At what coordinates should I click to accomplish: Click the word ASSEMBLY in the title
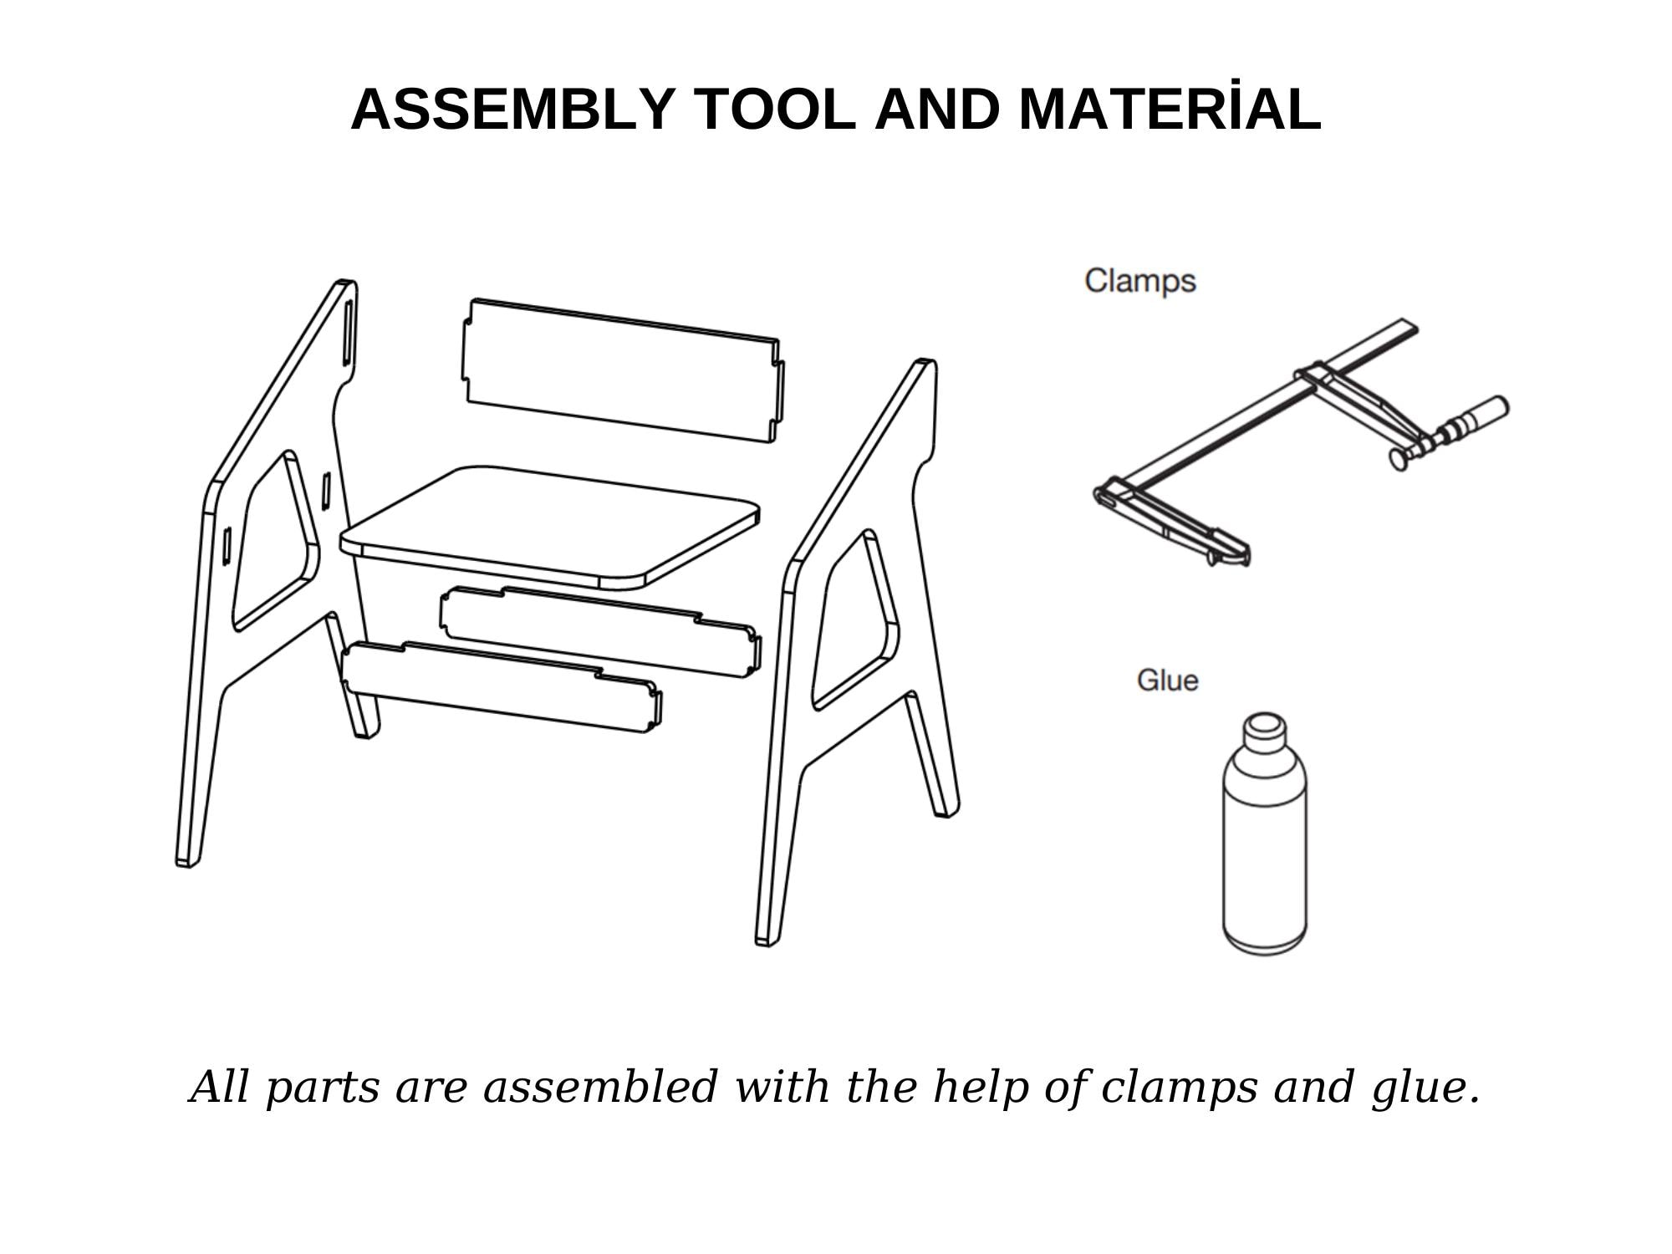[x=512, y=110]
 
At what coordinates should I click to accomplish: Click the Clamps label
[x=1140, y=281]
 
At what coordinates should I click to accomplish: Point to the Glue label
[x=1167, y=680]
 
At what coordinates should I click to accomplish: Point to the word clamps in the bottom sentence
[x=1179, y=1087]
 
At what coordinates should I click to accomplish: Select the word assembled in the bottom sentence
[x=599, y=1087]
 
